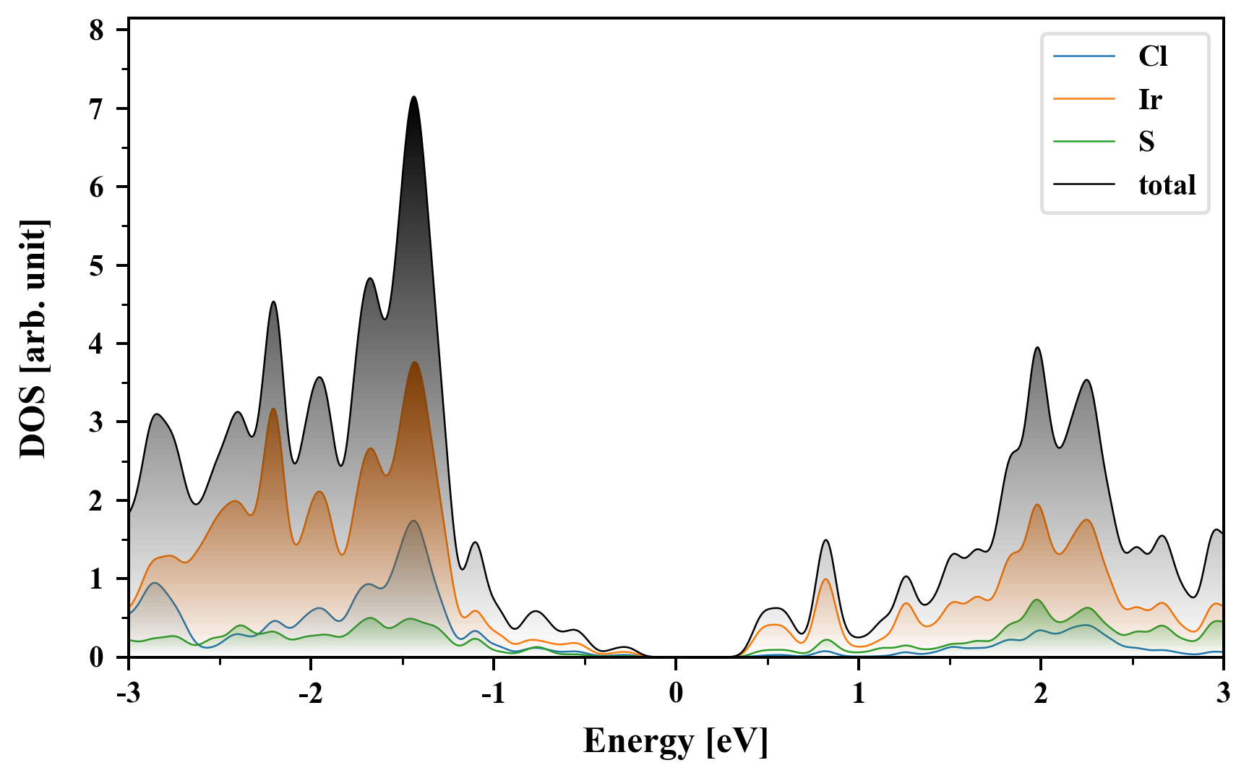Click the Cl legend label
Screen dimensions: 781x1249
coord(1153,56)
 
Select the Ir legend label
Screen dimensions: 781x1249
coord(1150,99)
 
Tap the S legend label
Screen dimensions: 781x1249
coord(1146,142)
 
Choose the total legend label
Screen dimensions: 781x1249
coord(1167,185)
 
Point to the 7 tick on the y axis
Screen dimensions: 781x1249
coord(96,108)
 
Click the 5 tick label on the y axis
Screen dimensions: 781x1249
coord(96,265)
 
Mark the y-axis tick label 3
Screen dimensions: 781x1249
coord(96,422)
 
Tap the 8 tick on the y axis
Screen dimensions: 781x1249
coord(96,30)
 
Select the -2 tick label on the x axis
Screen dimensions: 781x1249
coord(310,693)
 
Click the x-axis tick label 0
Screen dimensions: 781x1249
coord(676,693)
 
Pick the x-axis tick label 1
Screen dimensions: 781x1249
coord(859,693)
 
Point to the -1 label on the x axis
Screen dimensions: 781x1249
coord(492,693)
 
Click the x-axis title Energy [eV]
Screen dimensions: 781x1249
coord(676,741)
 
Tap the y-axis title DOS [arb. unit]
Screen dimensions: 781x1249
coord(33,340)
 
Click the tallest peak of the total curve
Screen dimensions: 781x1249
coord(413,97)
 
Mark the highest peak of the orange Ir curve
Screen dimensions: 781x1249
coord(414,362)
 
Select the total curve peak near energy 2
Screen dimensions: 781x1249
coord(1038,347)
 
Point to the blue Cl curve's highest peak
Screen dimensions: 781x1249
coord(413,521)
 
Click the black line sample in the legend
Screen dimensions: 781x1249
coord(1083,185)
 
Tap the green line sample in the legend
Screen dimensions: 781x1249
coord(1083,142)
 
